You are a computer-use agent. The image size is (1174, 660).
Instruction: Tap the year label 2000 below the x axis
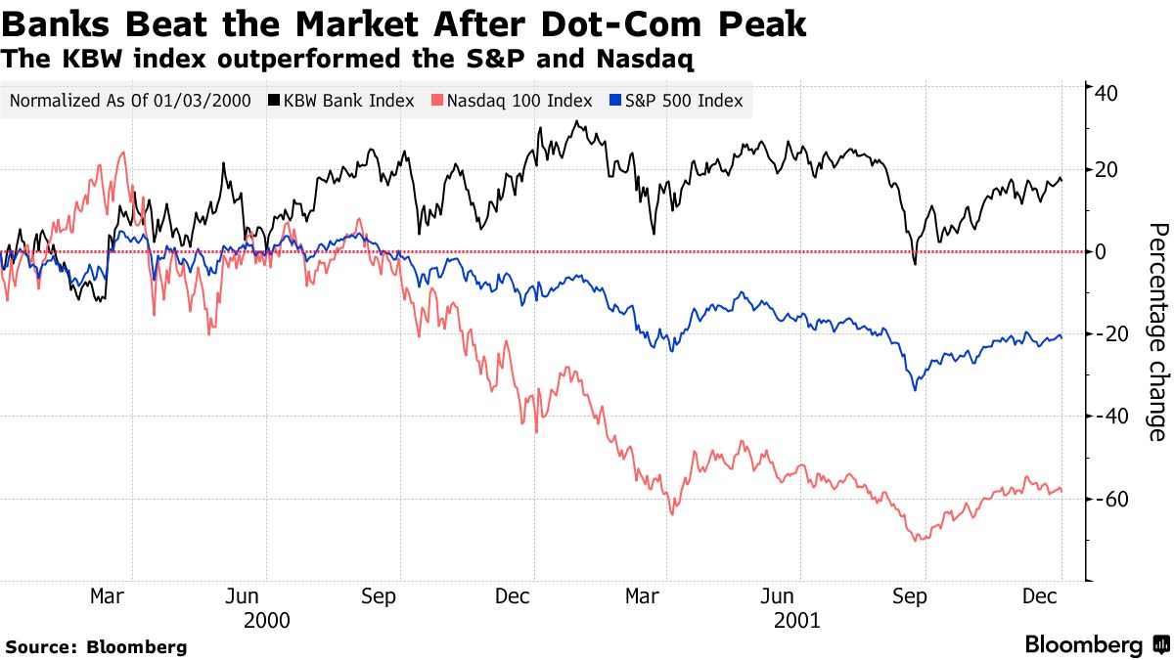(x=266, y=620)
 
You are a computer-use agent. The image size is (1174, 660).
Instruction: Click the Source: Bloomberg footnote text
(x=96, y=646)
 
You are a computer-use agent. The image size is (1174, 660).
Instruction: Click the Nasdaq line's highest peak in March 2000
(x=121, y=153)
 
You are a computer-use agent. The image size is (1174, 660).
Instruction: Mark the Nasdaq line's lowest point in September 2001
(x=917, y=541)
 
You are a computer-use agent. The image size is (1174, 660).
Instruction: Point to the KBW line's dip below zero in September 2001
(x=915, y=263)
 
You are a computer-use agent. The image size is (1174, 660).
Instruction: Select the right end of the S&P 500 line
(x=1061, y=337)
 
